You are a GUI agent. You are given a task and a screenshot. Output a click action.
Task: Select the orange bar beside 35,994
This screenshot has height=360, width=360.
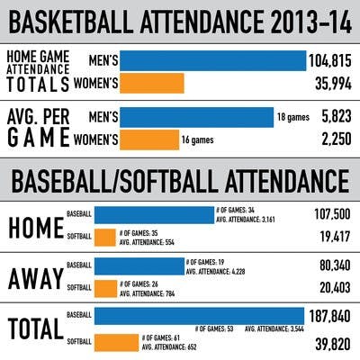151,84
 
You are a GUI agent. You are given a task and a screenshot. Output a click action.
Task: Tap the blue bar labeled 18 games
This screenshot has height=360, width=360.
196,118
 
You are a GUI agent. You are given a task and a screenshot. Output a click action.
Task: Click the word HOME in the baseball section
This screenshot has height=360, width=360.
35,228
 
